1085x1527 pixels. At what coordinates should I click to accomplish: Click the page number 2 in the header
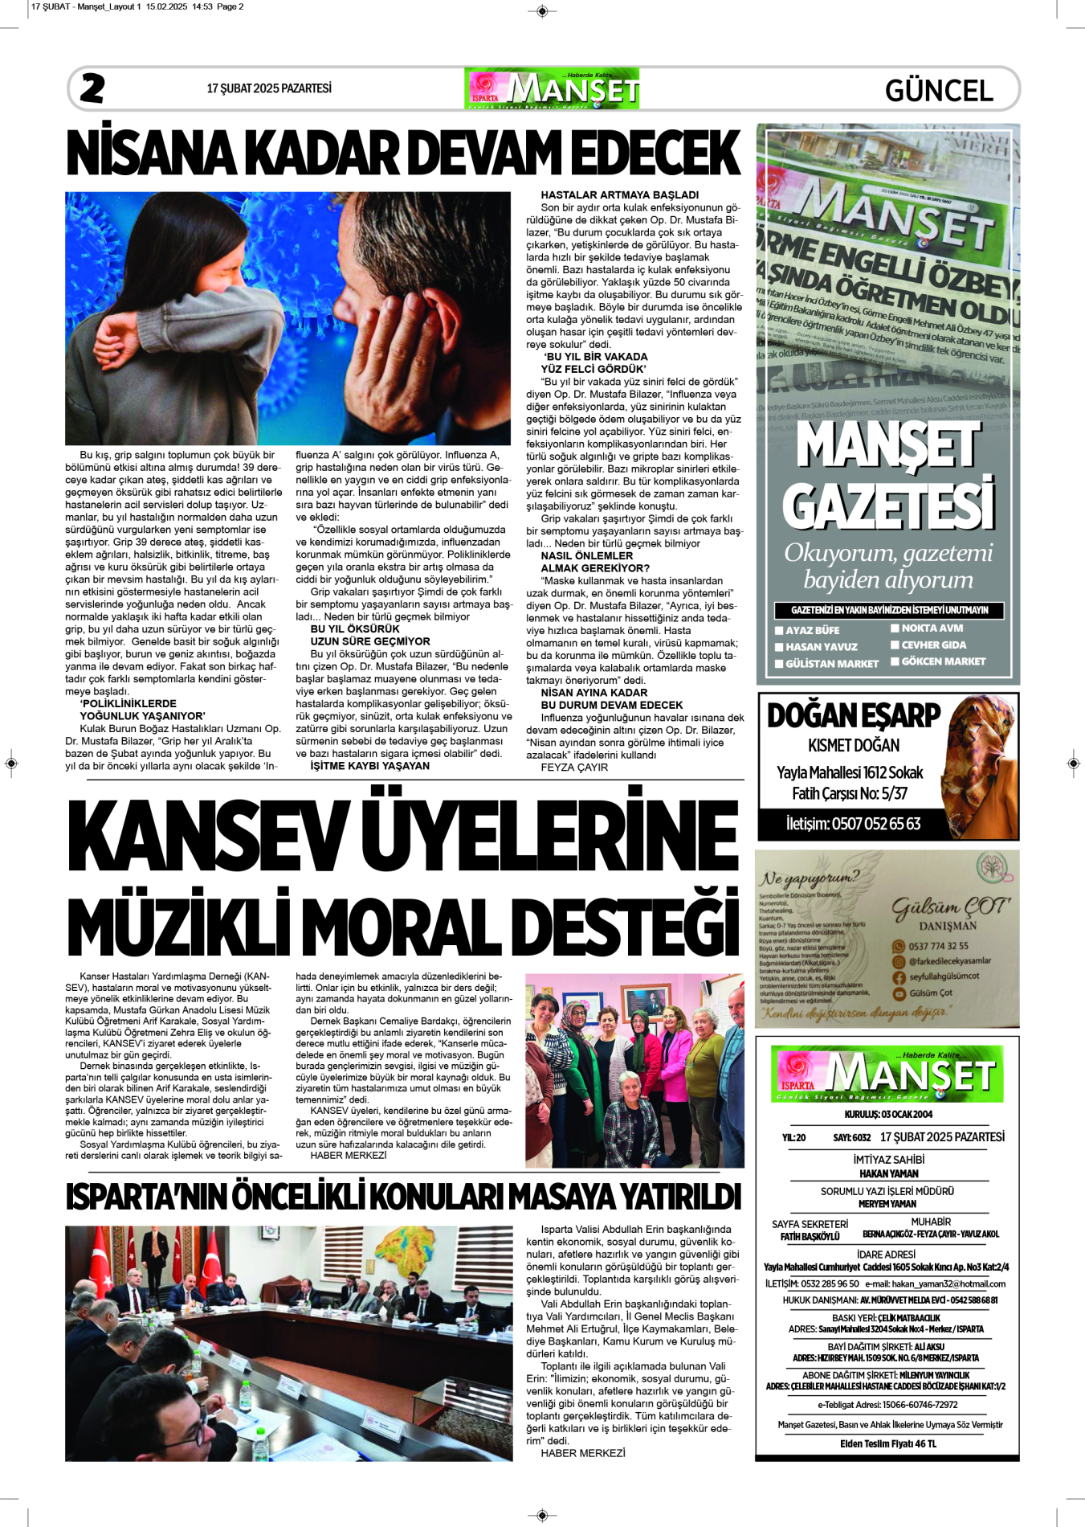coord(92,88)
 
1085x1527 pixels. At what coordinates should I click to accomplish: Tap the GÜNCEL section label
coord(939,90)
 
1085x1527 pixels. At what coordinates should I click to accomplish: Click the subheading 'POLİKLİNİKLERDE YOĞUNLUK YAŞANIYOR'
coord(142,710)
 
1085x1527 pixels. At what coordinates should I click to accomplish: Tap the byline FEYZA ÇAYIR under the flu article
coord(574,768)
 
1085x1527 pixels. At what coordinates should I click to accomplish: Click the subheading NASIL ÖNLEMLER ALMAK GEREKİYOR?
coord(594,562)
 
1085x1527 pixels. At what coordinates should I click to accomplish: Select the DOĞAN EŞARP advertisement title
coord(853,715)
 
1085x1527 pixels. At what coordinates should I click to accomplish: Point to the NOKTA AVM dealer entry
coord(932,628)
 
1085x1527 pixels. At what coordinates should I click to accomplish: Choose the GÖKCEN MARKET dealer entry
coord(943,661)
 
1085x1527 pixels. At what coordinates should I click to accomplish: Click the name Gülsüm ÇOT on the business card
coord(950,907)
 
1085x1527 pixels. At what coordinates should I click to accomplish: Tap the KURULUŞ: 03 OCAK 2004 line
coord(887,1114)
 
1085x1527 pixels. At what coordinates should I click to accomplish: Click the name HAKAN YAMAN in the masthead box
coord(887,1173)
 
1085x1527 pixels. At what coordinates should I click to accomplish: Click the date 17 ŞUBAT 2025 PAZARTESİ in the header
coord(269,88)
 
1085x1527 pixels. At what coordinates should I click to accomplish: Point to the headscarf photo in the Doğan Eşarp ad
coord(979,763)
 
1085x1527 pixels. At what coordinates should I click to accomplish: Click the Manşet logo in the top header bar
coord(552,88)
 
